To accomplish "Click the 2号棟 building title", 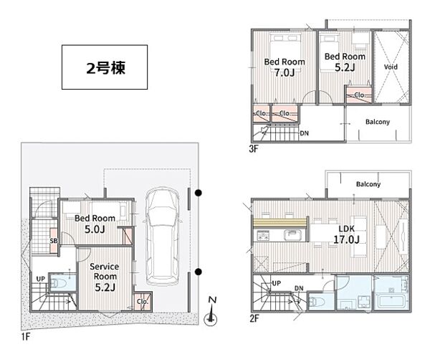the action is (x=106, y=68).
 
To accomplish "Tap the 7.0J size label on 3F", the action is (x=285, y=73).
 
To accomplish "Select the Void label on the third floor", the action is (x=391, y=67).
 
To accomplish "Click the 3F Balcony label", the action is (x=378, y=122).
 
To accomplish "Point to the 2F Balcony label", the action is (x=368, y=184).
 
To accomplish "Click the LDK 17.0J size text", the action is (x=346, y=239).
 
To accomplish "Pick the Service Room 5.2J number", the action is (x=105, y=287).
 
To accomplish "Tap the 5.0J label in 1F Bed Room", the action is (x=95, y=229).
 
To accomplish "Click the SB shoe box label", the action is (x=54, y=241).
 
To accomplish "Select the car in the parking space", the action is (x=163, y=237).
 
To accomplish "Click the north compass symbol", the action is (x=211, y=312).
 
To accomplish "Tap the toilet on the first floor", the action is (x=58, y=282).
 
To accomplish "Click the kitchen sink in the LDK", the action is (x=292, y=235).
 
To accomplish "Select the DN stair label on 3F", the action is (x=304, y=133).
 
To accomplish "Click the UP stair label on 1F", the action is (x=41, y=279).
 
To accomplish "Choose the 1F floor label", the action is (x=26, y=336).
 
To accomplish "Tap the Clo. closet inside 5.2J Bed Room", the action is (x=359, y=95).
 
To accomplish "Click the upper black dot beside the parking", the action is (x=199, y=193).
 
